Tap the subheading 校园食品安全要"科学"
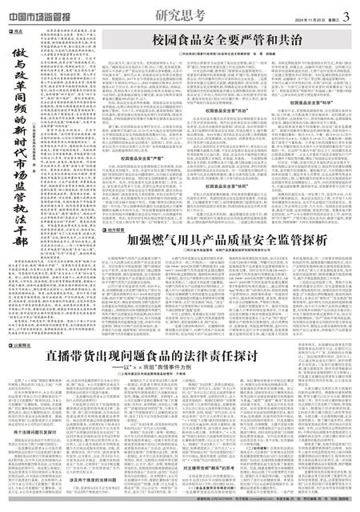(315, 103)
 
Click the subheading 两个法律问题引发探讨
(40, 409)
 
